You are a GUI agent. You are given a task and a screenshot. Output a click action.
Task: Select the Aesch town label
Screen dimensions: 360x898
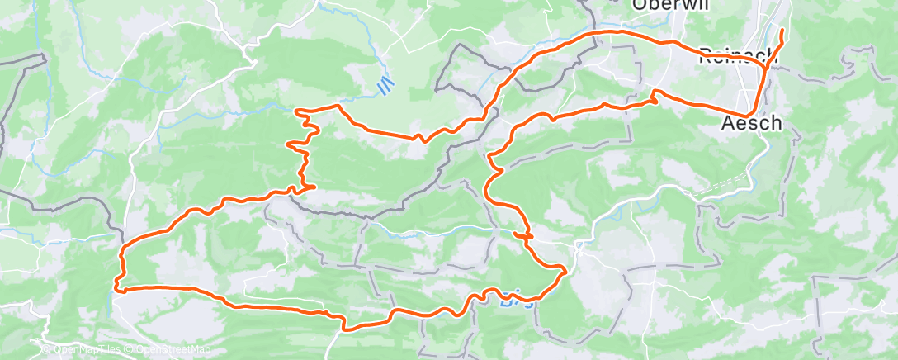(749, 124)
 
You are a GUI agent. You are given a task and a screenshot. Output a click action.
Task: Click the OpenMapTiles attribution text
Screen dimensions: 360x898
(89, 350)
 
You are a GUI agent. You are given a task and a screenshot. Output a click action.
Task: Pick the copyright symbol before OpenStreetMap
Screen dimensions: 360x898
(132, 350)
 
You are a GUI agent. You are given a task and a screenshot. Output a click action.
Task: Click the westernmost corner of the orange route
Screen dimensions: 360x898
(118, 290)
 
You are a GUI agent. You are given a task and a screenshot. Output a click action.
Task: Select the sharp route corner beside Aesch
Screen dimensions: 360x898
(749, 115)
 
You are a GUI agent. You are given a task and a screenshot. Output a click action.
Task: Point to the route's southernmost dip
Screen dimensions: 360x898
(347, 329)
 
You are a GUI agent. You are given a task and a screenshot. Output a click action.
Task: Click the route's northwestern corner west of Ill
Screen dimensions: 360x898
(297, 110)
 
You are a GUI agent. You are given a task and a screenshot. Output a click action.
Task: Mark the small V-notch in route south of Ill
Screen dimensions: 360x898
(421, 139)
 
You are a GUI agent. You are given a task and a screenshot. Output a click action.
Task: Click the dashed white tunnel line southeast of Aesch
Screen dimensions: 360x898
(718, 187)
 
